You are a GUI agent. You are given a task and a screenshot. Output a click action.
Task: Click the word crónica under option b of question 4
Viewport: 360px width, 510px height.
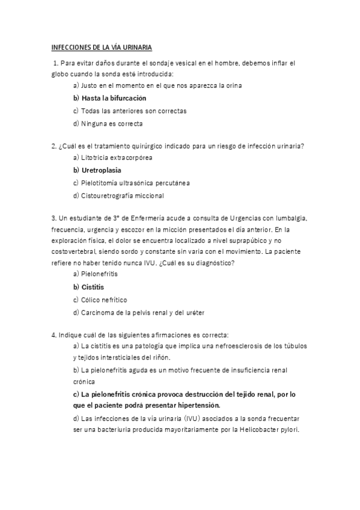point(85,381)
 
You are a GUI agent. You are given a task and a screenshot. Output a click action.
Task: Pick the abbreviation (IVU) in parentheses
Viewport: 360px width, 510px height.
point(198,418)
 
